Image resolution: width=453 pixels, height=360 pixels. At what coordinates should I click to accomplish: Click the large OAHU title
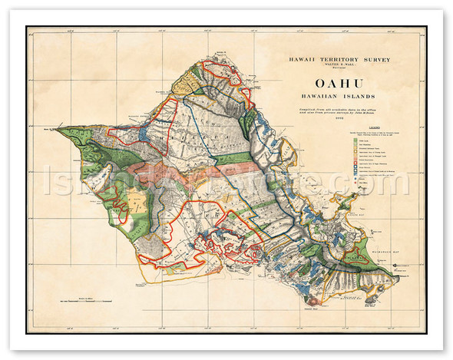331,81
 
